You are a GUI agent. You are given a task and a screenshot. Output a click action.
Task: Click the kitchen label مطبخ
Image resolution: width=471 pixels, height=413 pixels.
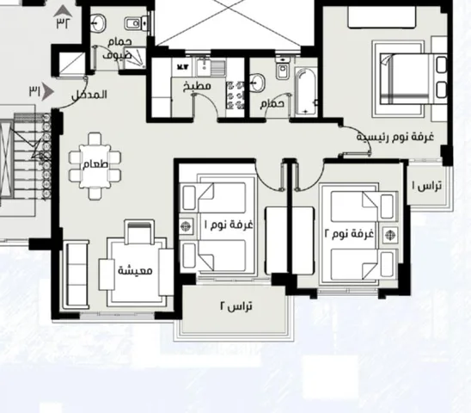[197, 86]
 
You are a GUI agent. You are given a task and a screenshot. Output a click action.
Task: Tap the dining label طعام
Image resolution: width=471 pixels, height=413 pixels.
[95, 164]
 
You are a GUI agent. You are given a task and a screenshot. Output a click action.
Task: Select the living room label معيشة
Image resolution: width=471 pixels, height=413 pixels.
[135, 270]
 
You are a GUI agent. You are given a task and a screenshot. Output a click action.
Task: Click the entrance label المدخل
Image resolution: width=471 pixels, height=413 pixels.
[89, 95]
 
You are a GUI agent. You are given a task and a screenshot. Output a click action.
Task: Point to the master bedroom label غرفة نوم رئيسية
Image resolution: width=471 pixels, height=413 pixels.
[395, 137]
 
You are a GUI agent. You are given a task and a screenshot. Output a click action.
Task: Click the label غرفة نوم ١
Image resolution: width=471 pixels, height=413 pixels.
[229, 225]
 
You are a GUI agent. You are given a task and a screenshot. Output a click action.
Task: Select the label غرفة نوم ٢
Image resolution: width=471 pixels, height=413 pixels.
[349, 233]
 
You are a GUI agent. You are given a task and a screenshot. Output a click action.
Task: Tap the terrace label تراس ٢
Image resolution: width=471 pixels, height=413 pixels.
[236, 306]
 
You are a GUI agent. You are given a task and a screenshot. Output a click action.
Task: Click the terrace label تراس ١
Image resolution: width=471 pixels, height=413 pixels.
[426, 186]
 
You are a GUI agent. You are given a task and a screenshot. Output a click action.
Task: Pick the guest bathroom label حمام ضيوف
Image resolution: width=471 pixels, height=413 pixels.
[118, 49]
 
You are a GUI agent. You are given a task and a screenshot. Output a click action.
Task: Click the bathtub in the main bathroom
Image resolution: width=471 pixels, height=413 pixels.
[305, 92]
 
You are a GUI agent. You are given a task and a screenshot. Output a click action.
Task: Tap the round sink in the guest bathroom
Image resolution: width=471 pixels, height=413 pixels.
[98, 22]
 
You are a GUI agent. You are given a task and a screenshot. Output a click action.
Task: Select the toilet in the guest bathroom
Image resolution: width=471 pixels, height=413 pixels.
[136, 23]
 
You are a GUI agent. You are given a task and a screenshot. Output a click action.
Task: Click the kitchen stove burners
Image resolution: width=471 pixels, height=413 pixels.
[235, 95]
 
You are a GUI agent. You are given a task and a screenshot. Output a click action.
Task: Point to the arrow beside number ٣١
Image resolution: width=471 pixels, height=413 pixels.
[48, 91]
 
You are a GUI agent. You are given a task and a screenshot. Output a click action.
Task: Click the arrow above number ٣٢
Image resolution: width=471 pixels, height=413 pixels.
[63, 11]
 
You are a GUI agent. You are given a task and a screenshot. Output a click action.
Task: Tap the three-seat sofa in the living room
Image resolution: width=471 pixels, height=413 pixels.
[76, 274]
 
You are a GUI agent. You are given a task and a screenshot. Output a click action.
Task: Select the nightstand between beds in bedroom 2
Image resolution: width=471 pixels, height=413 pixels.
[390, 235]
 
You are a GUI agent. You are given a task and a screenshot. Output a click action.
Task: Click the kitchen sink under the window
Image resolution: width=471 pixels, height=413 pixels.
[211, 67]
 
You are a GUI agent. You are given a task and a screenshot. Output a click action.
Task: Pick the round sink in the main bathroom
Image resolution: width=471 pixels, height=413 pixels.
[257, 83]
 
